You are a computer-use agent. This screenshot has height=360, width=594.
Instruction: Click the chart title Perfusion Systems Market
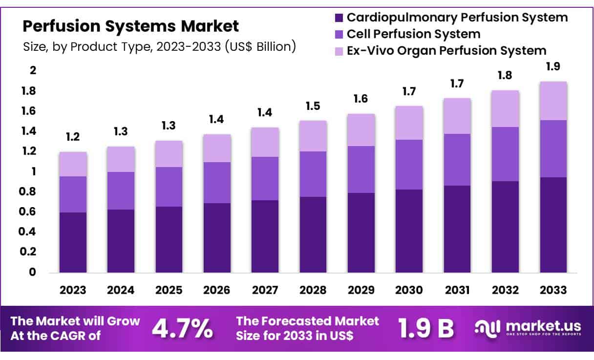131,25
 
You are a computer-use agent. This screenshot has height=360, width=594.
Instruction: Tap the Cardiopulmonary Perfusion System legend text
457,18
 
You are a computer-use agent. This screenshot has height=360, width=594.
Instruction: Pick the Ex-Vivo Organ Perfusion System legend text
446,50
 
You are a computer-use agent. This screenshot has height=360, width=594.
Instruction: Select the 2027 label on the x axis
265,290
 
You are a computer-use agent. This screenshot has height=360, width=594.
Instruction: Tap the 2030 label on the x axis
409,290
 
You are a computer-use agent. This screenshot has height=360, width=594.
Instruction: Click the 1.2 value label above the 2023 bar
73,137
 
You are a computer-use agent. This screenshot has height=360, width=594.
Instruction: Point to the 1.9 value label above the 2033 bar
553,67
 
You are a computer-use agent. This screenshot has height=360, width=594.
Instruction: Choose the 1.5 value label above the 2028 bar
313,106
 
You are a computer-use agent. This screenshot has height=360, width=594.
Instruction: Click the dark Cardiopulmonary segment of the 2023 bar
73,242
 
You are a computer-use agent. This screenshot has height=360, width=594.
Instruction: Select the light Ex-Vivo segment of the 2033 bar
553,101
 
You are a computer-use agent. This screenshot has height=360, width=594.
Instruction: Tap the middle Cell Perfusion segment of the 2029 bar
361,169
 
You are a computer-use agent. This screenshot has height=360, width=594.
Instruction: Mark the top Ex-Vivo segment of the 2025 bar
169,154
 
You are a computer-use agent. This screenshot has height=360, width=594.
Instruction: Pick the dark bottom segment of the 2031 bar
457,229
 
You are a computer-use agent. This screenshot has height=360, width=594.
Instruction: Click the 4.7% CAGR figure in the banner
182,329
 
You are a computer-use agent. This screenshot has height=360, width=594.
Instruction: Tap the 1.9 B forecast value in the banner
425,329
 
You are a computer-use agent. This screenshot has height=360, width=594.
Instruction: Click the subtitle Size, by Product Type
159,47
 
